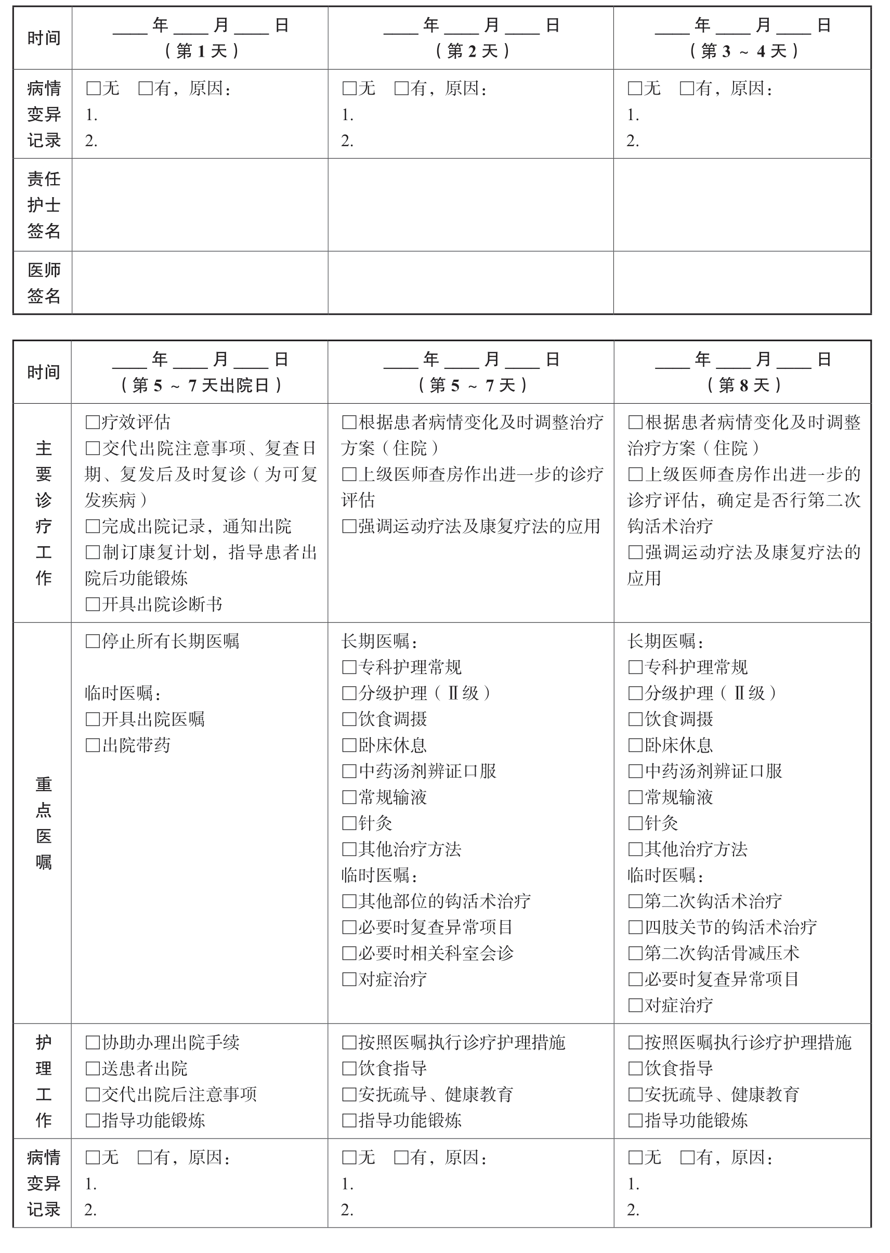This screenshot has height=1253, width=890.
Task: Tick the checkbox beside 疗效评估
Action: point(93,422)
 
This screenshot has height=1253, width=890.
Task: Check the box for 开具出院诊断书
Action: point(93,605)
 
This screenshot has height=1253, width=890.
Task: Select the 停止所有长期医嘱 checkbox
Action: point(93,641)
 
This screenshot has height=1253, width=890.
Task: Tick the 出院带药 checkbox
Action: point(93,745)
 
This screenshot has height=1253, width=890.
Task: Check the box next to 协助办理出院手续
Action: point(93,1042)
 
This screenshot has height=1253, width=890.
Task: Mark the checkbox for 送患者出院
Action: point(93,1068)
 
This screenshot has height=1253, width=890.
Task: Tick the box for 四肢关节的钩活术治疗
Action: point(635,927)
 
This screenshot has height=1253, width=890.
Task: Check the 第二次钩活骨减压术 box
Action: point(635,953)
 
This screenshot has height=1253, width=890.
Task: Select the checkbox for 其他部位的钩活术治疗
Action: point(349,901)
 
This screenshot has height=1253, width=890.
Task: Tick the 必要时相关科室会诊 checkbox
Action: point(349,953)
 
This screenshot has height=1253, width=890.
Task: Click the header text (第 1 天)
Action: point(201,51)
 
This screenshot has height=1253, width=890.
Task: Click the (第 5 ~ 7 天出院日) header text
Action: point(201,385)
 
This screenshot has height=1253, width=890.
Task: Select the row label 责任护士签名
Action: point(43,204)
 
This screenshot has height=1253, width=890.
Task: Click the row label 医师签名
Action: point(43,283)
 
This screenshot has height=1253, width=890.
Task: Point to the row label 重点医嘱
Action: point(43,823)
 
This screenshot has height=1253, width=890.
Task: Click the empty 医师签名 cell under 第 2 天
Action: point(471,283)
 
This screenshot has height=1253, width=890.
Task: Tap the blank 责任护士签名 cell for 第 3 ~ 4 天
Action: point(742,204)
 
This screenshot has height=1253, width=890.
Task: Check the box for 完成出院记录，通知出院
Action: point(93,526)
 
